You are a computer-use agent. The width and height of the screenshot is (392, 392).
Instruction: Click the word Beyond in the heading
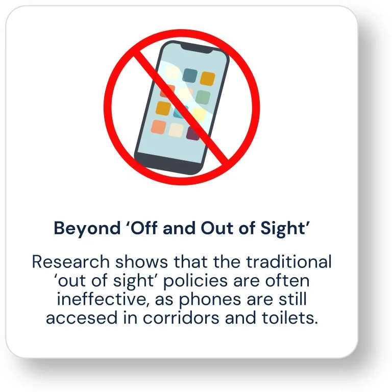[87, 229]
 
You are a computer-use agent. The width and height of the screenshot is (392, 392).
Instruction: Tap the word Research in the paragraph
[71, 262]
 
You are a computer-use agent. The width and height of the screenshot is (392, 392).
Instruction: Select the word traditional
[289, 261]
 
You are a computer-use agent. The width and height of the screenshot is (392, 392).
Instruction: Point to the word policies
[195, 281]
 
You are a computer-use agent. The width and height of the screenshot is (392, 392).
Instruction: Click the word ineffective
[103, 299]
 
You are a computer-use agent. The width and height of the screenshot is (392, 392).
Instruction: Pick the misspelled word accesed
[82, 318]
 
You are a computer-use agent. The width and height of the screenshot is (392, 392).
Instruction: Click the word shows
[141, 262]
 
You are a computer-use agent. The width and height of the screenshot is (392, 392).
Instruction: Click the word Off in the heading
[142, 228]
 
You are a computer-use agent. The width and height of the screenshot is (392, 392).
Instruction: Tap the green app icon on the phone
[203, 97]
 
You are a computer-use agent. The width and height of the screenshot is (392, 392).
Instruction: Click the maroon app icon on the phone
[193, 134]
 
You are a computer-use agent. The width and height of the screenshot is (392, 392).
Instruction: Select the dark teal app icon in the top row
[190, 76]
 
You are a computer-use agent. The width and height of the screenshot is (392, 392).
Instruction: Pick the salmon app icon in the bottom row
[159, 127]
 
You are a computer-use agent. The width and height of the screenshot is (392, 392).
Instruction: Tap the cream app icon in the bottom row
[176, 130]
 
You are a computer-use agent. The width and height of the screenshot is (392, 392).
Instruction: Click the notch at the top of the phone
[197, 48]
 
